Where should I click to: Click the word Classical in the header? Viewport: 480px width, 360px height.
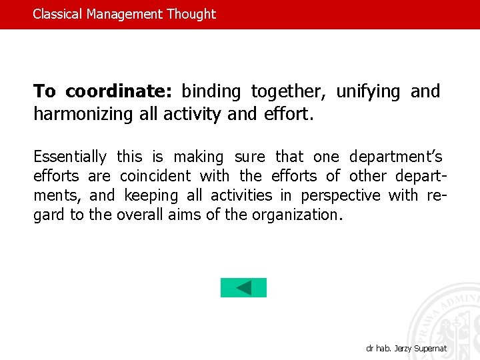pos(58,14)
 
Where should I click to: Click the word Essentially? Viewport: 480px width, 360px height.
pos(70,157)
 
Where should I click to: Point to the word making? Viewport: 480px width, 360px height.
pos(199,157)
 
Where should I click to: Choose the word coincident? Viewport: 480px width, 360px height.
pos(155,177)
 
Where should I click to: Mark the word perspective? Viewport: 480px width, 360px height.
pos(341,196)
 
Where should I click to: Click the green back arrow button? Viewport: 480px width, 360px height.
pos(243,288)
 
